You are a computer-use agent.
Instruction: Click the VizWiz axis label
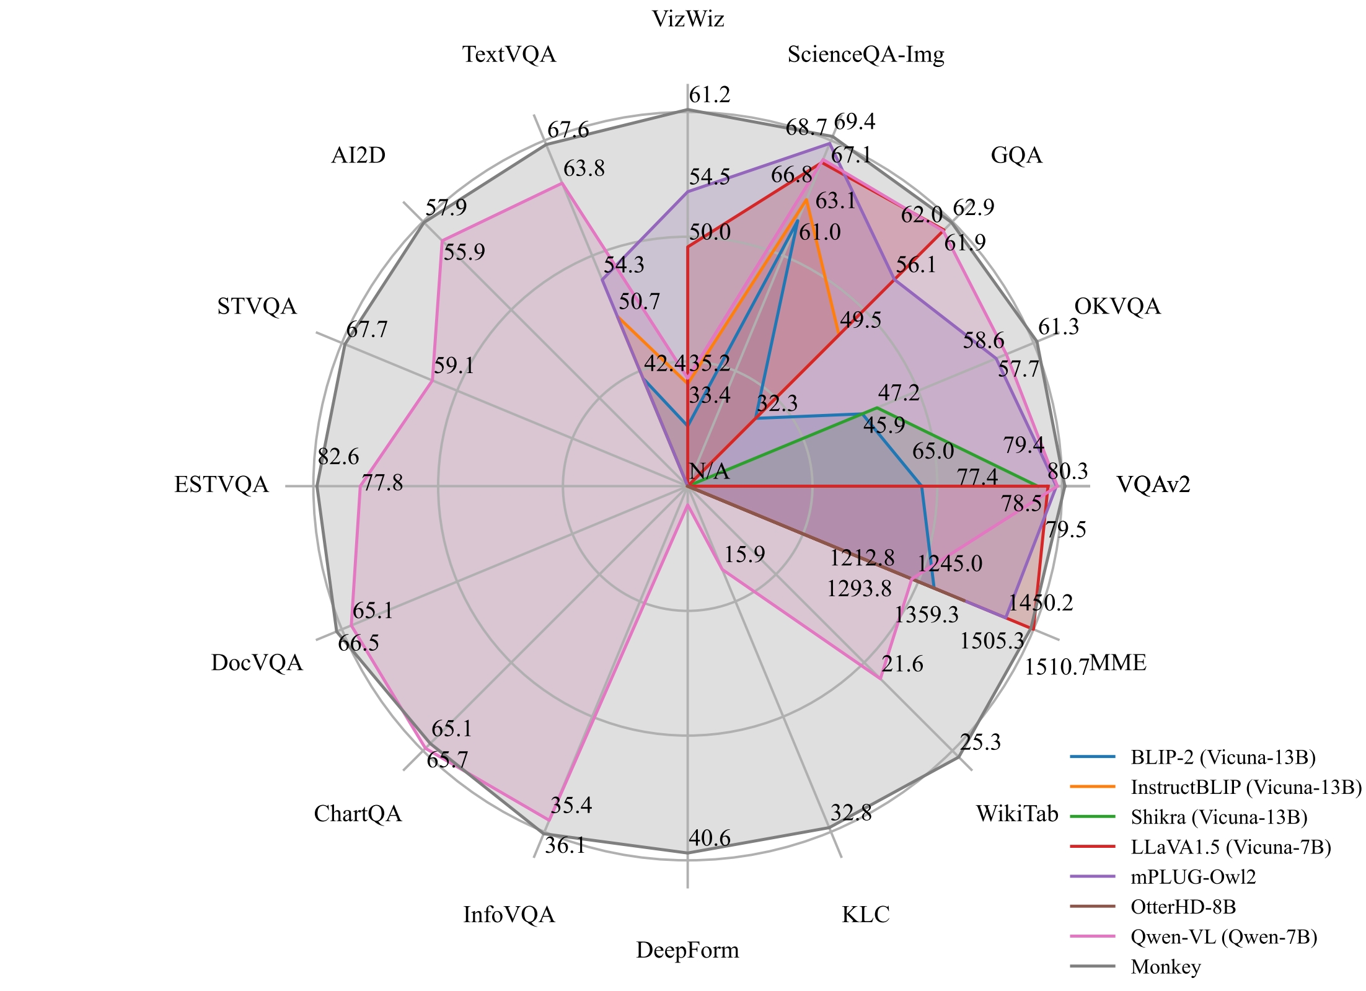[687, 20]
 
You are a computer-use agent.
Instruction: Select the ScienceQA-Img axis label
[865, 55]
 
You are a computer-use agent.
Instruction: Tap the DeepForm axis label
[687, 950]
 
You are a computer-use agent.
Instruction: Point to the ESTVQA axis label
[221, 485]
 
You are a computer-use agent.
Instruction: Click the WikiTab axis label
[1017, 813]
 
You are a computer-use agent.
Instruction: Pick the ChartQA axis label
[358, 814]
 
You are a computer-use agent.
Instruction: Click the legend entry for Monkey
[1165, 967]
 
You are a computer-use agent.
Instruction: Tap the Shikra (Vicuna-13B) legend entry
[1218, 817]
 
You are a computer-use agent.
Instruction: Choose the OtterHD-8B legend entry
[1183, 907]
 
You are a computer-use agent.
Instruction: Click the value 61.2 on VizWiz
[710, 95]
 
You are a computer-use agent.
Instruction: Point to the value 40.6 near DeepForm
[709, 839]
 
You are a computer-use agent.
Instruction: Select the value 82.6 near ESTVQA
[338, 457]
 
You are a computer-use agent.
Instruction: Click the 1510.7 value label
[1056, 667]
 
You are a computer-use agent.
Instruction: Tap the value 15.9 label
[744, 555]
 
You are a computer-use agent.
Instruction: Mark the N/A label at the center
[709, 472]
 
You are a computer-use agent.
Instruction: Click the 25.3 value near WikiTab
[980, 742]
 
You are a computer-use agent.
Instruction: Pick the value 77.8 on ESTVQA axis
[382, 483]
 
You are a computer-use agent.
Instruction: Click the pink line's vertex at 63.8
[562, 183]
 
